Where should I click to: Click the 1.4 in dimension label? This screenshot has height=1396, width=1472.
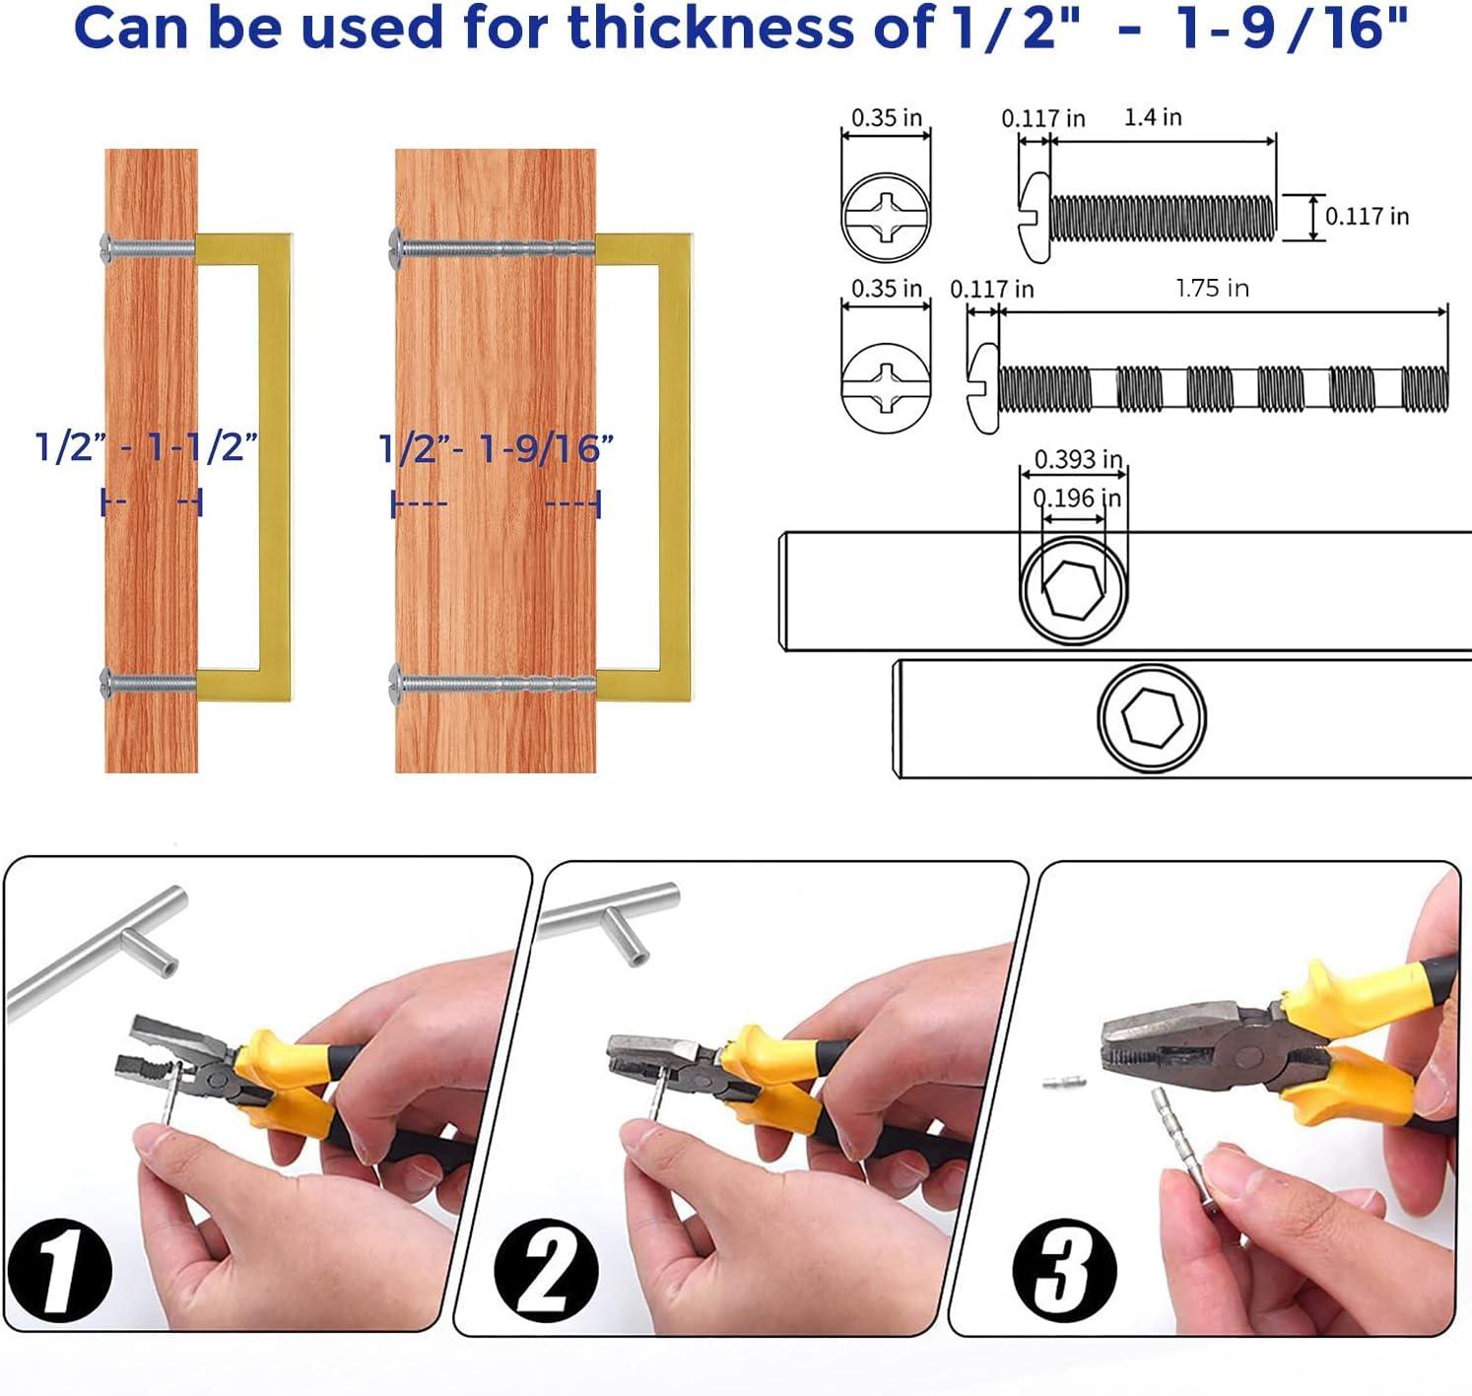1152,117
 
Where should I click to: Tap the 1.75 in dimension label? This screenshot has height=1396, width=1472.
1212,288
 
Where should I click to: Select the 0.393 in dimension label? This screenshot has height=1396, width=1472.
1078,459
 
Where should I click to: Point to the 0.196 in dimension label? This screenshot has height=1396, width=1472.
1077,499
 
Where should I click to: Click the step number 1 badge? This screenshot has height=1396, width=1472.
60,1268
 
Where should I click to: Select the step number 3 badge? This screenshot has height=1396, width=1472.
1064,1269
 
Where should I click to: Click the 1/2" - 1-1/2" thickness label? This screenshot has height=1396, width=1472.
147,447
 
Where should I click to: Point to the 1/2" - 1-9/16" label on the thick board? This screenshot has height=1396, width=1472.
497,449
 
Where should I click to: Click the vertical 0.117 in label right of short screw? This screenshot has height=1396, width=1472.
1367,217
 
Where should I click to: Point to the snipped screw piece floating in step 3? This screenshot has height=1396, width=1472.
1065,1083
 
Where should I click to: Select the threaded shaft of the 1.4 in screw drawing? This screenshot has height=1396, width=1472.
1163,218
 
